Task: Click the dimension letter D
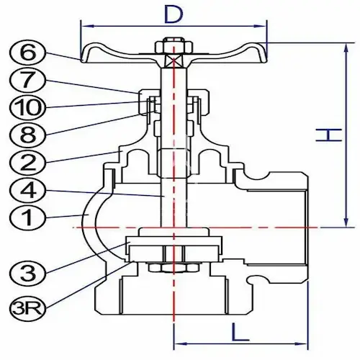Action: pyautogui.click(x=171, y=12)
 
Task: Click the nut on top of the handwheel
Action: pyautogui.click(x=172, y=43)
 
